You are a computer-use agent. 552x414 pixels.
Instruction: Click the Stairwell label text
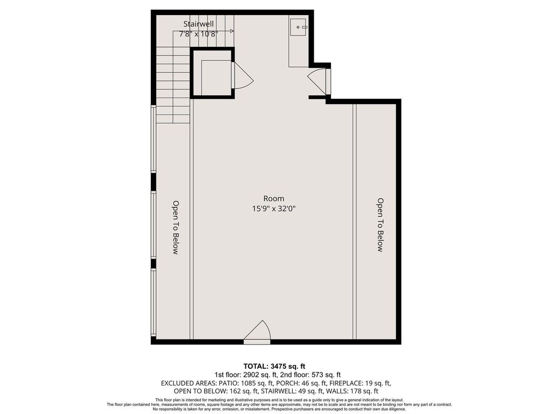(198, 24)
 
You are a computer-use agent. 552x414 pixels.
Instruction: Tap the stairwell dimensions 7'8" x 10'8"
(198, 34)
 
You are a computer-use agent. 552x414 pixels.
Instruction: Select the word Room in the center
(273, 198)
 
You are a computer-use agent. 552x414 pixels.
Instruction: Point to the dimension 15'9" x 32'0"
(273, 209)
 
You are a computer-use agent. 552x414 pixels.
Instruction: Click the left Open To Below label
(176, 227)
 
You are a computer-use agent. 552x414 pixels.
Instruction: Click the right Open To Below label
(380, 225)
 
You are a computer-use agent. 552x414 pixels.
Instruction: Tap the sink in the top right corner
(299, 27)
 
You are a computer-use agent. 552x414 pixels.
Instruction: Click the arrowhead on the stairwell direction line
(232, 31)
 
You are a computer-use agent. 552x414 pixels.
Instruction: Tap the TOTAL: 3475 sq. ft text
(272, 366)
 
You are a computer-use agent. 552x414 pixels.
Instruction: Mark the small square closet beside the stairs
(212, 73)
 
